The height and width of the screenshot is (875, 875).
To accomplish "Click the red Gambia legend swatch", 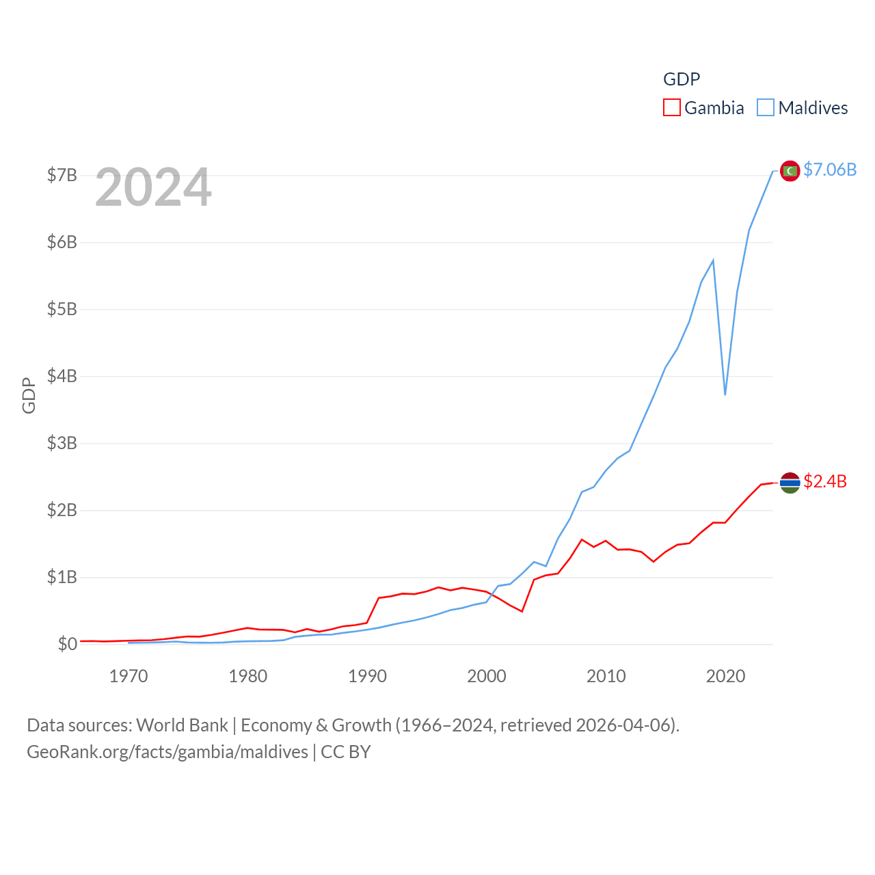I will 672,108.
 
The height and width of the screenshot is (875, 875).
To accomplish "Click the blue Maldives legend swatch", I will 766,108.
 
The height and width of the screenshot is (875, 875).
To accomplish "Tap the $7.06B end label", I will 830,170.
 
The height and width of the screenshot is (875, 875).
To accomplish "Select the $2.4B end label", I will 825,481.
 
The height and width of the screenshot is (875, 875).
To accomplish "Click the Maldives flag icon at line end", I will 790,171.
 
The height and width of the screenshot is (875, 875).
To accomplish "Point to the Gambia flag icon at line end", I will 790,483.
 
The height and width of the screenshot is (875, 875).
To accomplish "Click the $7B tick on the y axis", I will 62,175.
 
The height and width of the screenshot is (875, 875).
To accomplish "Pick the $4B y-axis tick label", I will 62,376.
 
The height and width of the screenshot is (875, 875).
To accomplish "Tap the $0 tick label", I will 67,644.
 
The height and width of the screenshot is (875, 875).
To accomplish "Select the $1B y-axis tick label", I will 62,577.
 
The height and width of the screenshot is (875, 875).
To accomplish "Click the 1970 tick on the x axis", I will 129,676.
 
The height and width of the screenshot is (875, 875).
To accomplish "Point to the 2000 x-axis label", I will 487,676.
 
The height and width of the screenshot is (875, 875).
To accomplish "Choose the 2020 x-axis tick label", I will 725,676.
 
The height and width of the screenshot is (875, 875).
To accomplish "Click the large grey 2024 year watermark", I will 153,187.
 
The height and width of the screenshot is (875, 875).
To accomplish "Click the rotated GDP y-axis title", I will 29,395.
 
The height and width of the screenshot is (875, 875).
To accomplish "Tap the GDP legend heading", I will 682,79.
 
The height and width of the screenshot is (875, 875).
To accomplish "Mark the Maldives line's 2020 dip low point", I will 725,394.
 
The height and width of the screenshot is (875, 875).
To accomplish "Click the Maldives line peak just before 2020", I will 713,260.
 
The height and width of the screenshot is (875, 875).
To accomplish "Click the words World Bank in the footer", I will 182,725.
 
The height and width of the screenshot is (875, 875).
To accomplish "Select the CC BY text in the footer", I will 346,752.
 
